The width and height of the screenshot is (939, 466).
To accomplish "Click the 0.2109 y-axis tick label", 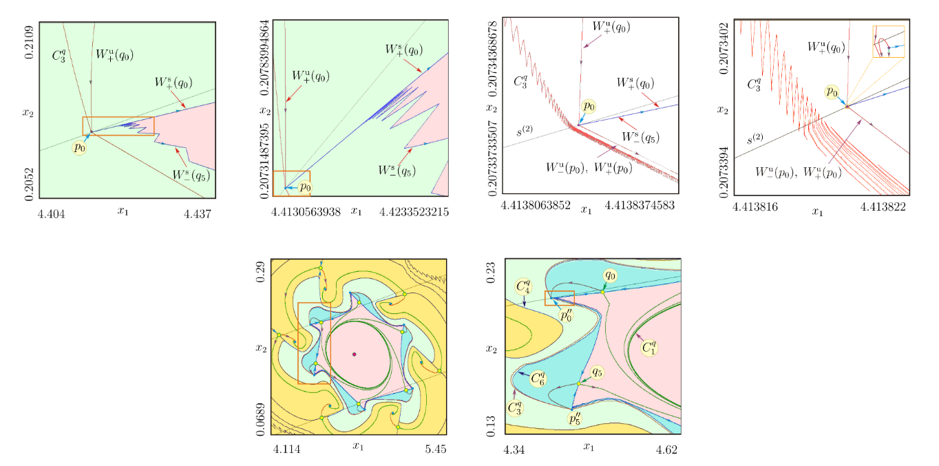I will [28, 41].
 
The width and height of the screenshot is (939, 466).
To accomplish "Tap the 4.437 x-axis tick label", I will [197, 215].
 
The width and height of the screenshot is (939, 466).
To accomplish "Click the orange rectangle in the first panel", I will [118, 125].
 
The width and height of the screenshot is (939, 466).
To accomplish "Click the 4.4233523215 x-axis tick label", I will [414, 212].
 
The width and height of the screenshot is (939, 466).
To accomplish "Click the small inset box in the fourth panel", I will [887, 41].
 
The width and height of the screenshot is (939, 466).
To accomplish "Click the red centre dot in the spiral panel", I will [354, 354].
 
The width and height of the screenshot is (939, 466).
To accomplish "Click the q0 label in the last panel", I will [609, 275].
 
